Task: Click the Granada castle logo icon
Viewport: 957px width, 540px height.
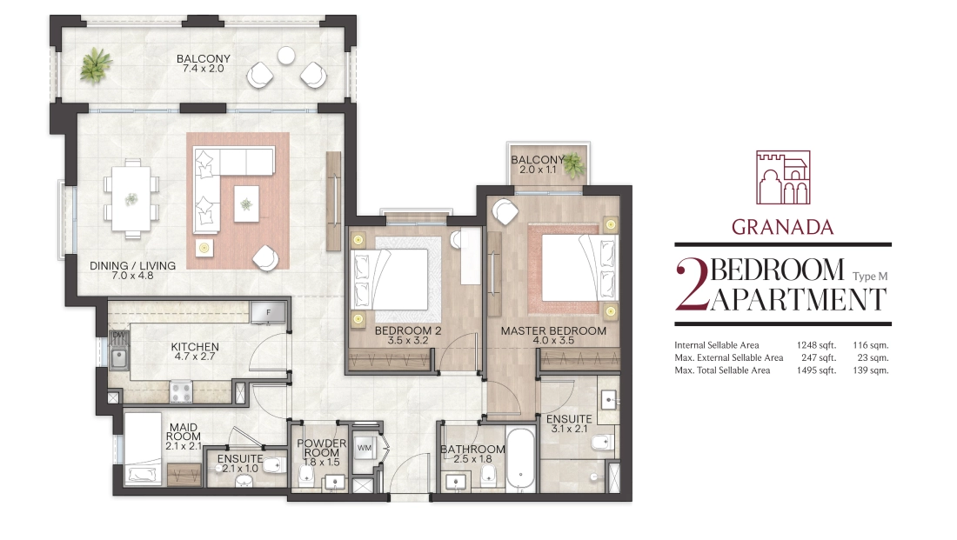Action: [783, 177]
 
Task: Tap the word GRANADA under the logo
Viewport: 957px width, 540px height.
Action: [782, 227]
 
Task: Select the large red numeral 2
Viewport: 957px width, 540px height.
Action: [693, 285]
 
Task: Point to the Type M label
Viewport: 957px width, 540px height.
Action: [870, 277]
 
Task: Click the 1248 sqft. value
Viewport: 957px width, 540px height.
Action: [816, 345]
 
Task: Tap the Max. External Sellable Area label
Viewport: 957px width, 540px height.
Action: [729, 358]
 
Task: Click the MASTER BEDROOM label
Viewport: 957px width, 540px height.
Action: [553, 330]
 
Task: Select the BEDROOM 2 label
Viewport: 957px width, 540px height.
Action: [408, 330]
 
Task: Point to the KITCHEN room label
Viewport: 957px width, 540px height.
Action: [195, 347]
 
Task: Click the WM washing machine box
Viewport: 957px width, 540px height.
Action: [365, 448]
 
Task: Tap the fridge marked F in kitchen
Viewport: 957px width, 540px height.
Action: [268, 312]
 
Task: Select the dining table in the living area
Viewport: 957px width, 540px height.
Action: [130, 198]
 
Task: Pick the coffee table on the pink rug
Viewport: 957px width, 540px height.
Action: [246, 203]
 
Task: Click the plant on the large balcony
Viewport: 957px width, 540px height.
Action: [96, 64]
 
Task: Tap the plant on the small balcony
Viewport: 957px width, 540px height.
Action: [573, 164]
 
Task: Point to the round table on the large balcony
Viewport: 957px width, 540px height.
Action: [286, 56]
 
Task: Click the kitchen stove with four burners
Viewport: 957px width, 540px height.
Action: [181, 391]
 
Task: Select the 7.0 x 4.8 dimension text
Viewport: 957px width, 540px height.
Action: [132, 276]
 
